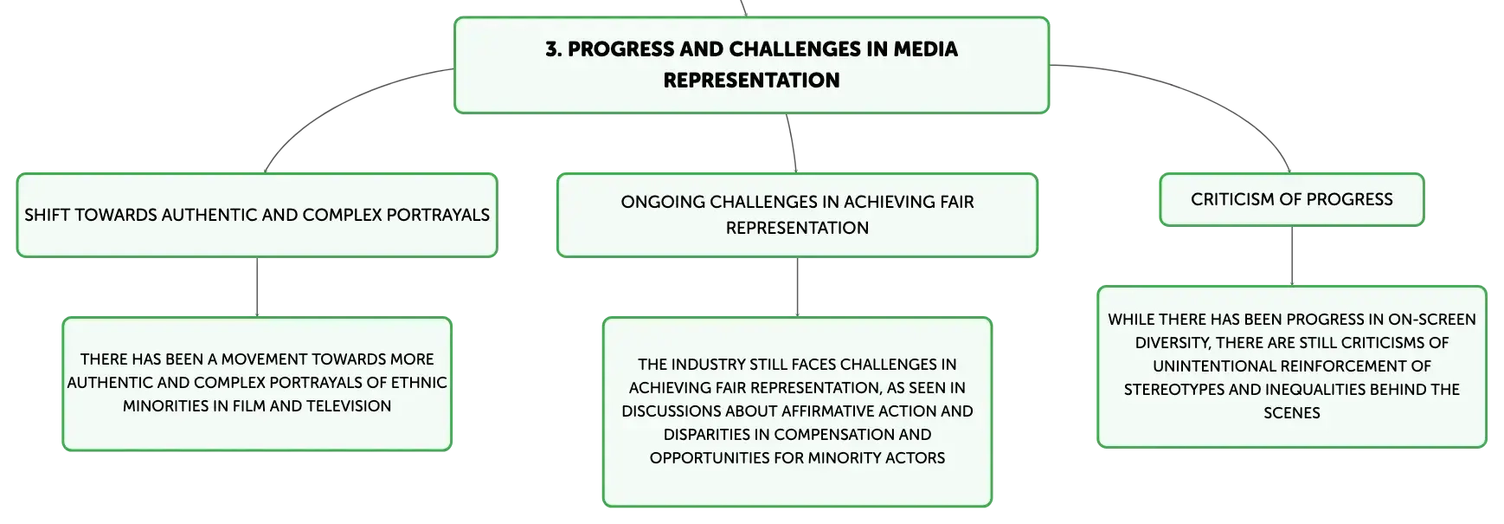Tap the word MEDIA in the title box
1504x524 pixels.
(925, 49)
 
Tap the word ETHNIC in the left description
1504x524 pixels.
(419, 382)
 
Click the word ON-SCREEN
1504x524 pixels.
(1432, 319)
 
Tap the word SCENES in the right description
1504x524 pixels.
(1292, 412)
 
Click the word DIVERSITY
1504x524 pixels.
(1173, 342)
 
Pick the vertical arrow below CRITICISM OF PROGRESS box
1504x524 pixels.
(1292, 256)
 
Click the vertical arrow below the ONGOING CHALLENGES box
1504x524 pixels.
(797, 287)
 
